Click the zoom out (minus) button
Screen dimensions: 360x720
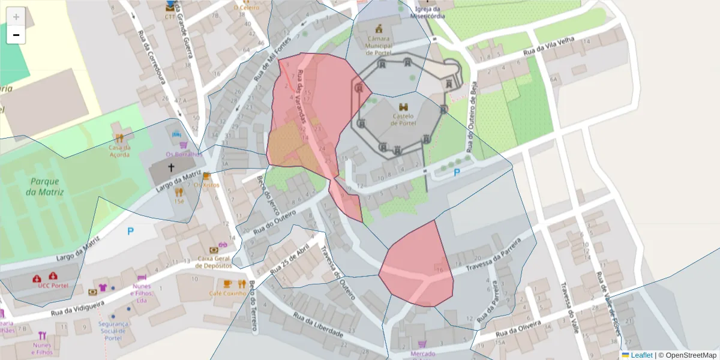[x=16, y=35]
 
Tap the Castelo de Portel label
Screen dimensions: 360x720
[x=403, y=119]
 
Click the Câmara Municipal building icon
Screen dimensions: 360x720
[x=379, y=28]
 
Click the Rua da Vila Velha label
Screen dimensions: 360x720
[x=549, y=47]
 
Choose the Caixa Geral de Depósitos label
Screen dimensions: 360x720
[x=214, y=262]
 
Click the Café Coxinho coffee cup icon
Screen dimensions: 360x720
[x=227, y=284]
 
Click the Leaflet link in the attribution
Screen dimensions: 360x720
[x=641, y=355]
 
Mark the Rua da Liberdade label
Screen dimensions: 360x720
[x=317, y=325]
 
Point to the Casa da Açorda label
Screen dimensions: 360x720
[x=119, y=151]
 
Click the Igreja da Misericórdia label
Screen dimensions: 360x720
[x=428, y=13]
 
